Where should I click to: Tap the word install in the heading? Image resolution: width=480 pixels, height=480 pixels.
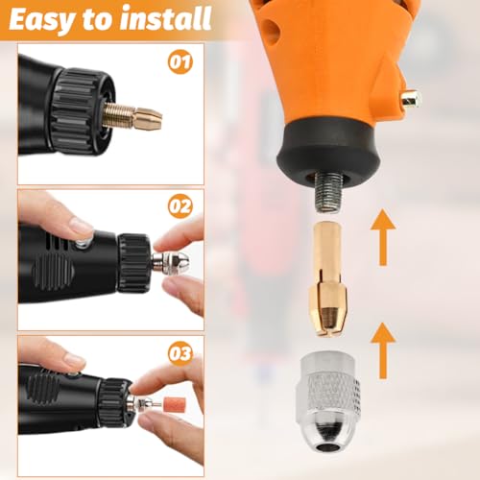pyautogui.click(x=166, y=18)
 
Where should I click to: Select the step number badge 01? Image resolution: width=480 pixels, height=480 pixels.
pyautogui.click(x=180, y=62)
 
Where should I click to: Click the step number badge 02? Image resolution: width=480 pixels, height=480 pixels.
pyautogui.click(x=180, y=206)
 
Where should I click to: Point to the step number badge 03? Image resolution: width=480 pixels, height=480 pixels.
pyautogui.click(x=180, y=353)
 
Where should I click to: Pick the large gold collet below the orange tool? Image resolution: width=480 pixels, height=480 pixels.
pyautogui.click(x=325, y=278)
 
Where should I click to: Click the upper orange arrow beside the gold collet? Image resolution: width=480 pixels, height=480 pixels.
pyautogui.click(x=383, y=237)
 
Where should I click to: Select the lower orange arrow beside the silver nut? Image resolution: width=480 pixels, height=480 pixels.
pyautogui.click(x=383, y=350)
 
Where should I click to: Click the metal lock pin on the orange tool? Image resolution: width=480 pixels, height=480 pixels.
pyautogui.click(x=412, y=99)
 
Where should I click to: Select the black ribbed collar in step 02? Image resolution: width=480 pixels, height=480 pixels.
pyautogui.click(x=133, y=263)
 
